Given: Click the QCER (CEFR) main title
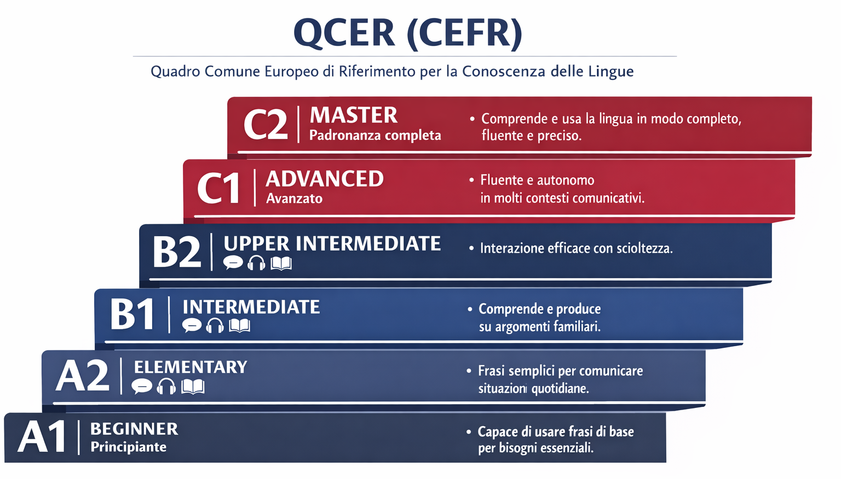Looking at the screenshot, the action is pyautogui.click(x=408, y=34).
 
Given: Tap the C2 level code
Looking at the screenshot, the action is pyautogui.click(x=266, y=125).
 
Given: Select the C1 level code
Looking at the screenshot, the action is pyautogui.click(x=218, y=188).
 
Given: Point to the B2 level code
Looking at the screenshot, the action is pyautogui.click(x=177, y=252).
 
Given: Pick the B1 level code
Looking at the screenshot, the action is pyautogui.click(x=132, y=314).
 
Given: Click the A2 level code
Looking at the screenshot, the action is pyautogui.click(x=83, y=376).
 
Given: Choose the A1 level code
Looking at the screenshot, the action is pyautogui.click(x=42, y=437).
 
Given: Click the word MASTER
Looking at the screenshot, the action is pyautogui.click(x=353, y=115).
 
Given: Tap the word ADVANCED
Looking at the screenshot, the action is pyautogui.click(x=324, y=179).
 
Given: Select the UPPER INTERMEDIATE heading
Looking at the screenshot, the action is pyautogui.click(x=332, y=244).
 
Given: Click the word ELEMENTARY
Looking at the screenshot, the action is pyautogui.click(x=191, y=367).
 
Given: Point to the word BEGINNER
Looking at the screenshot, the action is pyautogui.click(x=134, y=429).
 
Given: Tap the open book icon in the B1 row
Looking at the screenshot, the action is pyautogui.click(x=239, y=325).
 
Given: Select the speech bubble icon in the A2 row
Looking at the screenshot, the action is pyautogui.click(x=142, y=387).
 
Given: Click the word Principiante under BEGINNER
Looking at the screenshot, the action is pyautogui.click(x=129, y=447).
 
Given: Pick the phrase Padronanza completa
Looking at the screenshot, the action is pyautogui.click(x=375, y=135).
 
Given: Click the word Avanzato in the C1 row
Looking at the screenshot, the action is pyautogui.click(x=294, y=198).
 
